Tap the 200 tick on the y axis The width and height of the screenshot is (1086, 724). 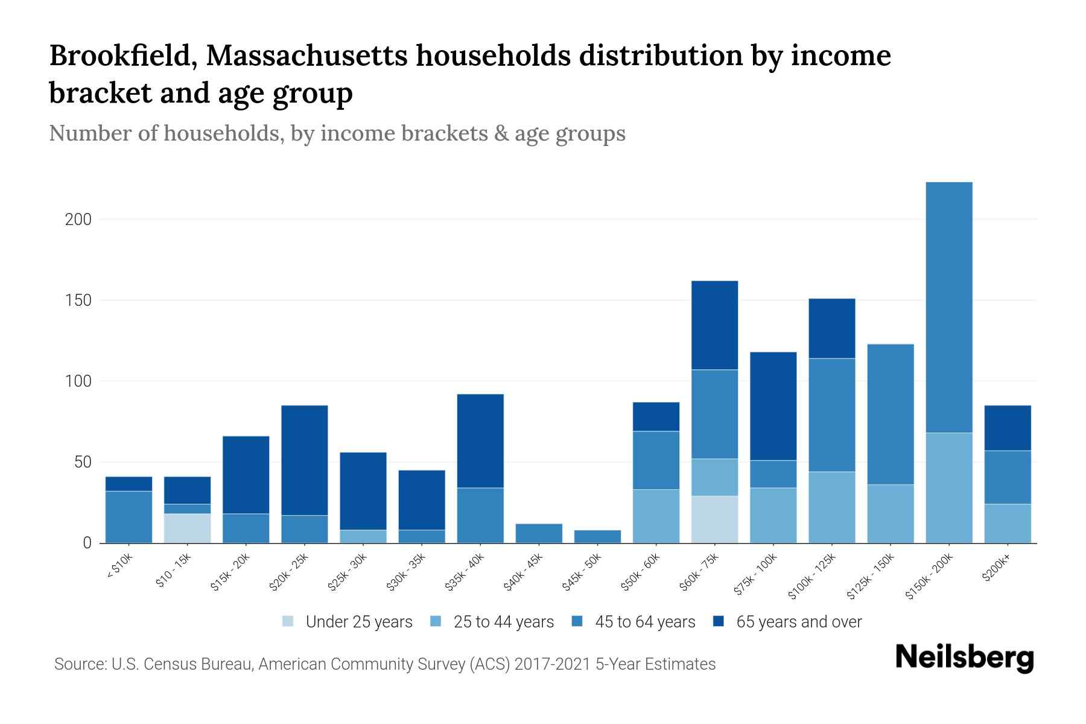pos(78,220)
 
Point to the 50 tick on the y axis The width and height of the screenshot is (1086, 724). pos(83,463)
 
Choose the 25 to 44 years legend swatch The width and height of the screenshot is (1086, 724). pos(436,622)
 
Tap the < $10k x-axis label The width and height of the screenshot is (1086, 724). pos(120,567)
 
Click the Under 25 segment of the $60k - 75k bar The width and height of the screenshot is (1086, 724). pos(714,519)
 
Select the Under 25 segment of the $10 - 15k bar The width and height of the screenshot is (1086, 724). pos(187,528)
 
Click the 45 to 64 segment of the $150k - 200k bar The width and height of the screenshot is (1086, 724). pos(948,308)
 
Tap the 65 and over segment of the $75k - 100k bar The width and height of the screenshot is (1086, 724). pos(773,406)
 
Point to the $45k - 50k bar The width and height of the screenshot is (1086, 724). pos(597,536)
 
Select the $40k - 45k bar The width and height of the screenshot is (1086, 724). pos(539,533)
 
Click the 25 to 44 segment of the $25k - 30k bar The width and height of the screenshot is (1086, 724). pos(363,536)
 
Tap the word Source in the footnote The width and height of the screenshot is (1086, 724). pos(79,664)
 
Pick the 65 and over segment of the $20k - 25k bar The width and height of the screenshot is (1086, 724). pos(305,460)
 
